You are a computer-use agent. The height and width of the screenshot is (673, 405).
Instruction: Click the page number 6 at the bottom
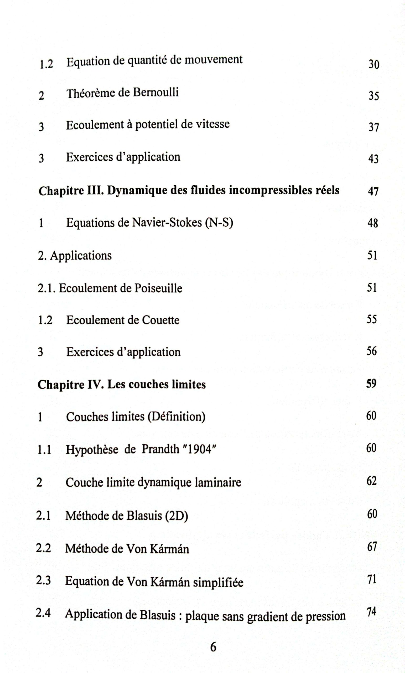(213, 647)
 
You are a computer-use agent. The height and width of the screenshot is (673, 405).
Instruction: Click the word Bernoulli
(155, 92)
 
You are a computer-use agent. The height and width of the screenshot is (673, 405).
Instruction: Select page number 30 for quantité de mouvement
(374, 64)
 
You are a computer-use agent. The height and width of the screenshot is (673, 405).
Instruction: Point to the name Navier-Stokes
(167, 223)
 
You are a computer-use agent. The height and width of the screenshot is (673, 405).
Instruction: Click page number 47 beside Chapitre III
(373, 191)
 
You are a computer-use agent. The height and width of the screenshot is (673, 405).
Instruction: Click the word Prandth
(160, 449)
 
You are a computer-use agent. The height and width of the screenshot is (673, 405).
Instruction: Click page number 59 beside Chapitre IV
(371, 384)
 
